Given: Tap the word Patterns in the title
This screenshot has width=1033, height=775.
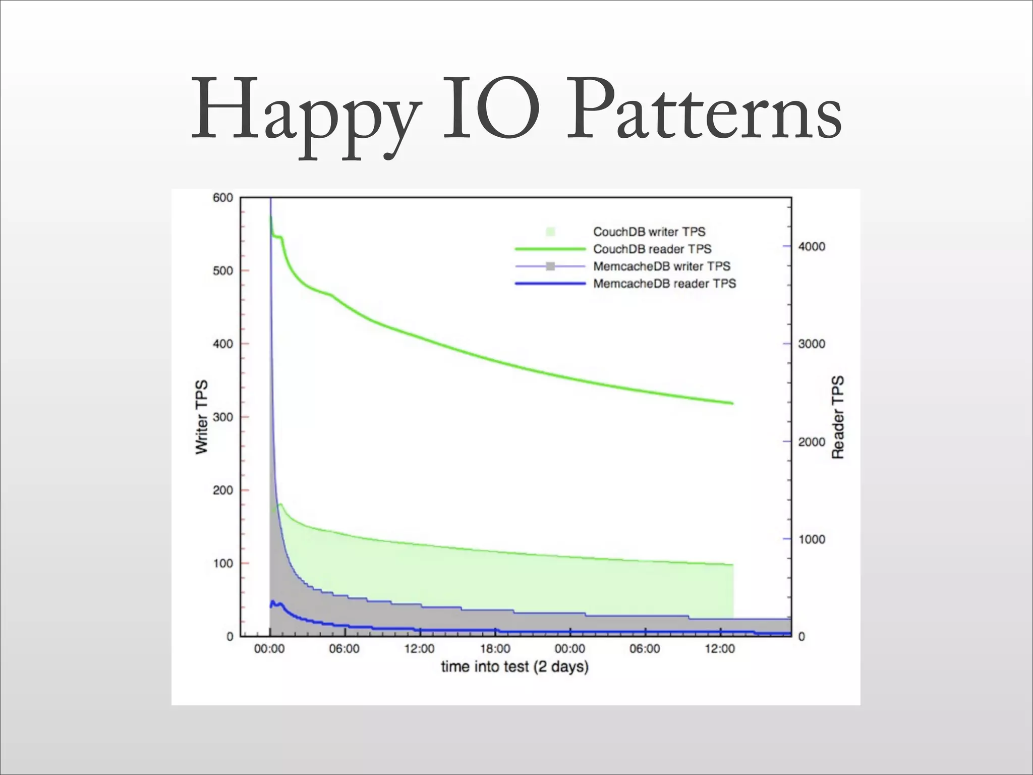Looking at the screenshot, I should point(704,111).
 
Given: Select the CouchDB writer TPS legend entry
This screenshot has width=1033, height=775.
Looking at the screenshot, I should point(649,232).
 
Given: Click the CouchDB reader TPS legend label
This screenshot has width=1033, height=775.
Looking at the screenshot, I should point(652,249).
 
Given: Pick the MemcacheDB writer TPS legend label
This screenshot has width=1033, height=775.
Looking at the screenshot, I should point(662,266).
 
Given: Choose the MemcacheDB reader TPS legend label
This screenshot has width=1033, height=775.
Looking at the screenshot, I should point(664,284).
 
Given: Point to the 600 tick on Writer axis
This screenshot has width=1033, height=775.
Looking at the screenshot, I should point(223,198).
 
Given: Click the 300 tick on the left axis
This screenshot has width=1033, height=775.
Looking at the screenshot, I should point(223,417).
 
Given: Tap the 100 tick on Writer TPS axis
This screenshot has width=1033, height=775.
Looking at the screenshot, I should point(223,564).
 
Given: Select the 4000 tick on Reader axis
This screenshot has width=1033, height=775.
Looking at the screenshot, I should point(812,247).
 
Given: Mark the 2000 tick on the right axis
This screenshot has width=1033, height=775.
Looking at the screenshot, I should point(812,442).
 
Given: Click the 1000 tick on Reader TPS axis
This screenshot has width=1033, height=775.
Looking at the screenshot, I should point(812,539).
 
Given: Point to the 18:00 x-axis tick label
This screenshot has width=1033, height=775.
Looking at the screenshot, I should point(495,649).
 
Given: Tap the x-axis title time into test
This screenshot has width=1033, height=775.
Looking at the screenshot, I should point(514,667).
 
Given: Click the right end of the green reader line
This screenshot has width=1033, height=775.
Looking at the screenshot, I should point(732,403).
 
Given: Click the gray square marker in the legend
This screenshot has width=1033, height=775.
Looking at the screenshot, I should point(550,266).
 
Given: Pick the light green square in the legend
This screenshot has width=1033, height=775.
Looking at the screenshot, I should point(550,232).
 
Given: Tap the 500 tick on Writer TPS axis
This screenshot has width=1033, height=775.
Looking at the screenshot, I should point(223,271).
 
